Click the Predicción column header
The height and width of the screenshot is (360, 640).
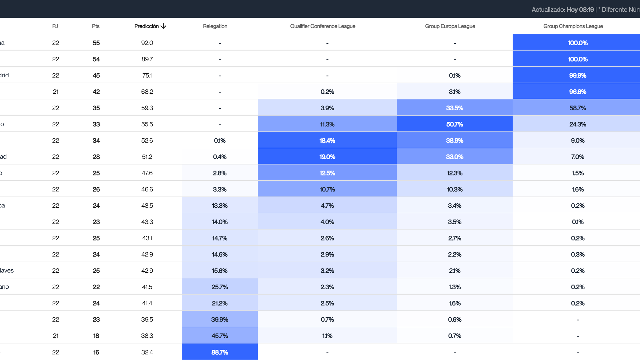(x=147, y=26)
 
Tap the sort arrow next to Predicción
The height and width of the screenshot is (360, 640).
(x=163, y=26)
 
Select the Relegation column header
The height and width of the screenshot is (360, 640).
(x=215, y=26)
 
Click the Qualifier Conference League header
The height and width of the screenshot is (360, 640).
(x=322, y=26)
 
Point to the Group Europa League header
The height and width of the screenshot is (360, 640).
(x=450, y=26)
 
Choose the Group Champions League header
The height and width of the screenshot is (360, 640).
(x=573, y=26)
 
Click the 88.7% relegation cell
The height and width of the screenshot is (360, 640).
(x=220, y=352)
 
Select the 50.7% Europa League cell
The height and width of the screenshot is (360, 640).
(x=454, y=124)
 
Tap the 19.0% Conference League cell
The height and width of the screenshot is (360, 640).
(x=327, y=157)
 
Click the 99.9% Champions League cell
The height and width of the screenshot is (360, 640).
(x=577, y=76)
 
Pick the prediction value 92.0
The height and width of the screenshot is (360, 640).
(x=147, y=43)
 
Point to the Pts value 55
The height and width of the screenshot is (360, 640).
(x=96, y=43)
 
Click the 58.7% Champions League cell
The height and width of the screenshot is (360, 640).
(x=577, y=108)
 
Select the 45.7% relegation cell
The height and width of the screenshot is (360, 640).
(x=220, y=336)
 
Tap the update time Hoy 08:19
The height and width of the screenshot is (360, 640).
(x=580, y=10)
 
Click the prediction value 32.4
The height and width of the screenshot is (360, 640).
(x=147, y=352)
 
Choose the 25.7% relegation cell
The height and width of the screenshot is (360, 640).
(x=220, y=287)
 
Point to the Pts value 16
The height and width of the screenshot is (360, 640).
(x=96, y=352)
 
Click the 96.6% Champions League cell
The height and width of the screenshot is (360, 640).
(x=577, y=92)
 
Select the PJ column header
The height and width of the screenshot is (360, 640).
(x=55, y=26)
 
